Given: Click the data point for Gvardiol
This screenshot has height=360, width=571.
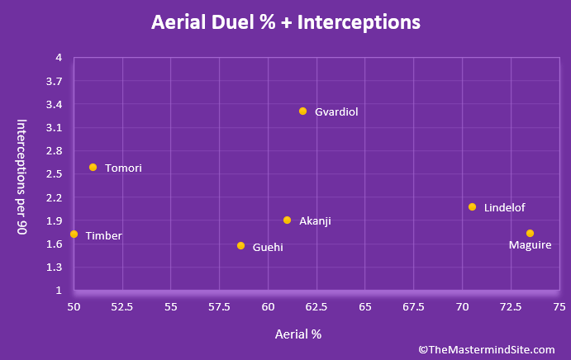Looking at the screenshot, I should pos(303,111).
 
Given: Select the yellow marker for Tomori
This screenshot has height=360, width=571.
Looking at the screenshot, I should pos(93,167).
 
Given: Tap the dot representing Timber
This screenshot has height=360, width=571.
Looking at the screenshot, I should pos(74,234).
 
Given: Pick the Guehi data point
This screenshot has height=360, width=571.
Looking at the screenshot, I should pos(240,245).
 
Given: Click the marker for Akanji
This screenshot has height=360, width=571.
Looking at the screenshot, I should pos(287,220).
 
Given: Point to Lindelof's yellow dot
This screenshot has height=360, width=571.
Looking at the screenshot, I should pos(472,206).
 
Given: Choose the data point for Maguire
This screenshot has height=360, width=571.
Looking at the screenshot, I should pos(530,233).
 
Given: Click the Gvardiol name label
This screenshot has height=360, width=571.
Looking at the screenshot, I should pos(336,111).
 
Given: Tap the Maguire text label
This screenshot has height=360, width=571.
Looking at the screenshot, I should pos(530,245).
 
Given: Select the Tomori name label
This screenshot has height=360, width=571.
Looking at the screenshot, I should pos(123,168).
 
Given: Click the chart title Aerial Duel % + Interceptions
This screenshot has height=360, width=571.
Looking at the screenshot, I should pos(285,21).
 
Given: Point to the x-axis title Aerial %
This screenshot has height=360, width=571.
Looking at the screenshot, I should pos(297,334).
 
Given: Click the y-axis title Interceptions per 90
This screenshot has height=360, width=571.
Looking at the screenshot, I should pos(23,177).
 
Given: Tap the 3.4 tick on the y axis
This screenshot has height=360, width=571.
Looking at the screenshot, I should pos(54,104).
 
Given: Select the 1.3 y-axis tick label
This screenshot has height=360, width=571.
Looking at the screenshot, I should pos(54,268).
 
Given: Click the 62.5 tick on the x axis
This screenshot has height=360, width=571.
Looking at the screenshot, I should pos(316,307).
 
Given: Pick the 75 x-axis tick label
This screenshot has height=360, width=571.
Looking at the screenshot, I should pos(559,307).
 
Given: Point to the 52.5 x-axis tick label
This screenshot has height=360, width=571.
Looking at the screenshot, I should pos(122,307).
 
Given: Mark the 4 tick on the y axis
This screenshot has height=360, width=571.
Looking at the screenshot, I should pos(59,58).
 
